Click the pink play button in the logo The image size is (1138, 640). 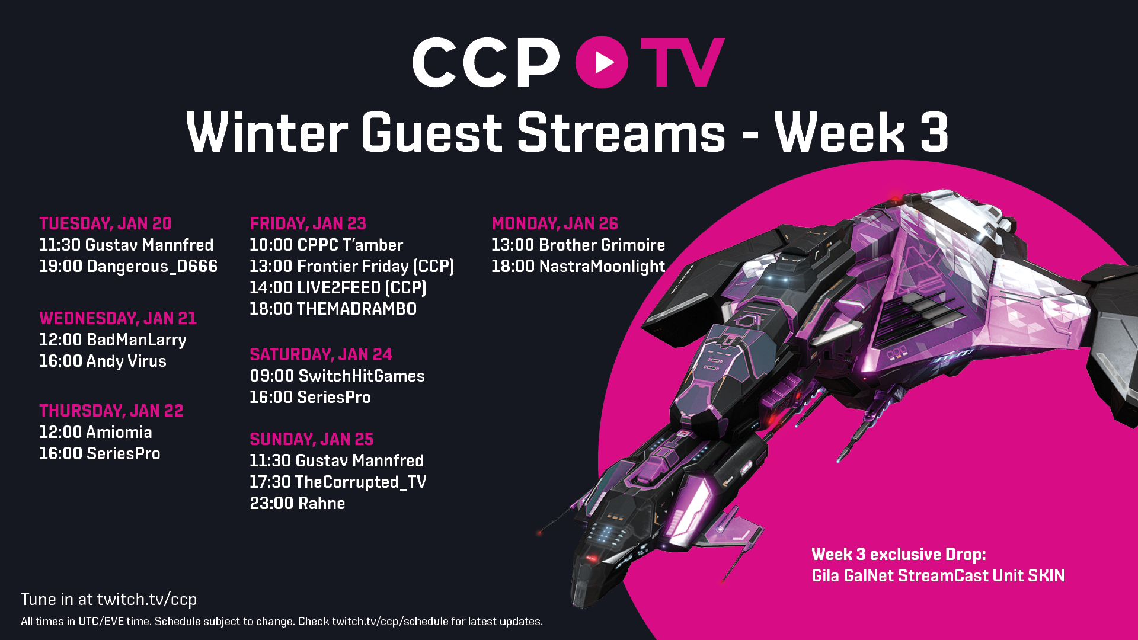pos(602,62)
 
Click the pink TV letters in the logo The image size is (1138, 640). pos(683,62)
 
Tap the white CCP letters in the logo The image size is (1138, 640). pos(486,62)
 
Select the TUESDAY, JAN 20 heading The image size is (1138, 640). pos(106,223)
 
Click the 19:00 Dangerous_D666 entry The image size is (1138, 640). pos(129,266)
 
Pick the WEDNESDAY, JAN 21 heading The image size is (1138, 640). pos(118,318)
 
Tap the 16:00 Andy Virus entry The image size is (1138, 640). pos(103,361)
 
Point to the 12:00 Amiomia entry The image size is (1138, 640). pos(95,432)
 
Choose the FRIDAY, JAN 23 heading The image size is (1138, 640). pos(308,223)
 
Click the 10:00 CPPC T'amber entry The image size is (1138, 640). pos(327,245)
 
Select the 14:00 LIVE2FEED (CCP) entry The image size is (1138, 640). pos(338,287)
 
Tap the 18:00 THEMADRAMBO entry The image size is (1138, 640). pos(333,309)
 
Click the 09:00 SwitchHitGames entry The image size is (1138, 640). pos(337,376)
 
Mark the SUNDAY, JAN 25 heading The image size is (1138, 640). pos(312,439)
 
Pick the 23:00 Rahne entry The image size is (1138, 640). pos(298,503)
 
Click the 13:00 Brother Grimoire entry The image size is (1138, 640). pos(578,245)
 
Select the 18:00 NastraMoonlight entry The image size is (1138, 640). pos(578,266)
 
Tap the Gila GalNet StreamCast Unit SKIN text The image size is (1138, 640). pos(938,575)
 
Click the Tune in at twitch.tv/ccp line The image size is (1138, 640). pos(109,599)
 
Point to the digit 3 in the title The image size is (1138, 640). pos(935,132)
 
